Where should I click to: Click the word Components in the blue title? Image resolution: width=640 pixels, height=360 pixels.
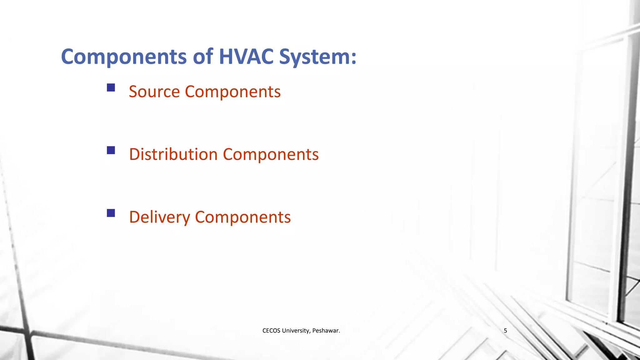tap(124, 57)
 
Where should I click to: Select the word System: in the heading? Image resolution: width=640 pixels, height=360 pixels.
tap(317, 57)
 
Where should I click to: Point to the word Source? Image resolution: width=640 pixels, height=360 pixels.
tap(154, 92)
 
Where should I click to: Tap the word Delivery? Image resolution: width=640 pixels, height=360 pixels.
tap(160, 217)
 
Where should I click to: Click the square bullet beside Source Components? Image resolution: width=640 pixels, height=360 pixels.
tap(111, 87)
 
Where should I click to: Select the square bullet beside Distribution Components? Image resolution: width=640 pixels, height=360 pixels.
tap(111, 150)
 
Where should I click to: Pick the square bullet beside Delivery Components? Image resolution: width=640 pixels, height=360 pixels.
tap(111, 213)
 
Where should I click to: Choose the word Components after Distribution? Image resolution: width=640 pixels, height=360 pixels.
tap(271, 155)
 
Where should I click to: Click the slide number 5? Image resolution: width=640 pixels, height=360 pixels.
tap(505, 331)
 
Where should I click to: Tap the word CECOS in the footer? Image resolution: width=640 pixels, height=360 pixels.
tap(271, 331)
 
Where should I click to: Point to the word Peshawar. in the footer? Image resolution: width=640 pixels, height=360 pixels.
tap(326, 331)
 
